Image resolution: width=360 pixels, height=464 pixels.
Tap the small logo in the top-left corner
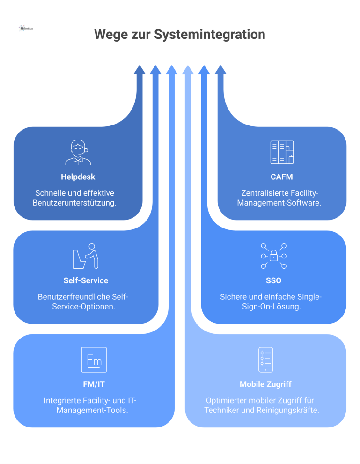click(26, 29)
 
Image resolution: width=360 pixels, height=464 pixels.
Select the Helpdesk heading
click(78, 177)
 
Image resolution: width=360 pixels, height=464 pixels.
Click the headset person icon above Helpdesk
click(78, 153)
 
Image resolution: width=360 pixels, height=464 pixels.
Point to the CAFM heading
click(282, 177)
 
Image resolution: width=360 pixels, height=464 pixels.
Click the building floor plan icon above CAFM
click(282, 153)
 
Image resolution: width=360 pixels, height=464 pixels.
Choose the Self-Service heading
click(86, 280)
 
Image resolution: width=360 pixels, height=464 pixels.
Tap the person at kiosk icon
click(86, 256)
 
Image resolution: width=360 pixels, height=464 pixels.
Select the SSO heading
click(273, 280)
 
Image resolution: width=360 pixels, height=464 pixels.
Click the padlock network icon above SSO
click(273, 256)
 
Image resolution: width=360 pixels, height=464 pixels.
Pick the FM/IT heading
click(94, 384)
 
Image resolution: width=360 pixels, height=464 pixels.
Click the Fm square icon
click(94, 360)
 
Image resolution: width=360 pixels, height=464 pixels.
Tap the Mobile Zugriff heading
click(265, 384)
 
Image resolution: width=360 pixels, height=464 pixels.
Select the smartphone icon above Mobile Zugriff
click(265, 360)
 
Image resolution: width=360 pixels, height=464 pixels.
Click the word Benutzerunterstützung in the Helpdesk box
click(74, 203)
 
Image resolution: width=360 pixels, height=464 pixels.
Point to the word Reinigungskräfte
click(293, 410)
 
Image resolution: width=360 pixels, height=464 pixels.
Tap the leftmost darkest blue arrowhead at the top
click(140, 70)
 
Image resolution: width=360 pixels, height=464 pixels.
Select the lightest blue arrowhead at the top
click(188, 70)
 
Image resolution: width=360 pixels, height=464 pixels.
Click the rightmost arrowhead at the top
click(220, 70)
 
